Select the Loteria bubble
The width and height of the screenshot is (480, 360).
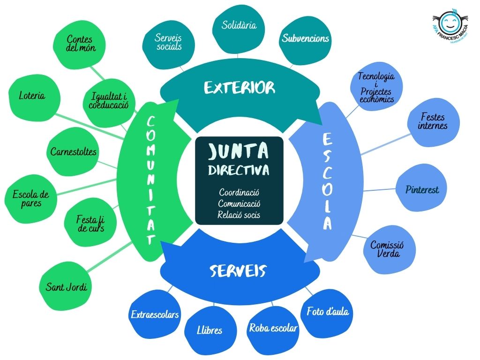tap(32, 97)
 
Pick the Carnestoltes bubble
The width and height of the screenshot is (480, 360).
tap(74, 152)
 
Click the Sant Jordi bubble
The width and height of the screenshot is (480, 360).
tap(67, 287)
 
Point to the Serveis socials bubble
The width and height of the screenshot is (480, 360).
tap(167, 42)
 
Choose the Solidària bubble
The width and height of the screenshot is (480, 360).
tap(240, 26)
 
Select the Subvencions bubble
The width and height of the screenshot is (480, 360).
tap(305, 39)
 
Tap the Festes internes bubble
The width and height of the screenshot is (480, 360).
tap(433, 121)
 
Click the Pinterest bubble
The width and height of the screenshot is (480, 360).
tap(422, 190)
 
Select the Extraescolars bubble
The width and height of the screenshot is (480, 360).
tap(155, 315)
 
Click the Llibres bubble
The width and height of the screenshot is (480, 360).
tap(210, 330)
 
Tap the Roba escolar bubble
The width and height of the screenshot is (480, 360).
tap(273, 328)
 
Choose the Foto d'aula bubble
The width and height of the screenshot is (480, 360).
tap(328, 312)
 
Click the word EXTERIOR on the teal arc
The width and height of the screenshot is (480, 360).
tap(240, 88)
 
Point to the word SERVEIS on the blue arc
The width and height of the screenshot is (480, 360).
tap(238, 270)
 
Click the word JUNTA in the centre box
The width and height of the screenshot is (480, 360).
tap(239, 151)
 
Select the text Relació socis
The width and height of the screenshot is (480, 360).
tap(239, 215)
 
